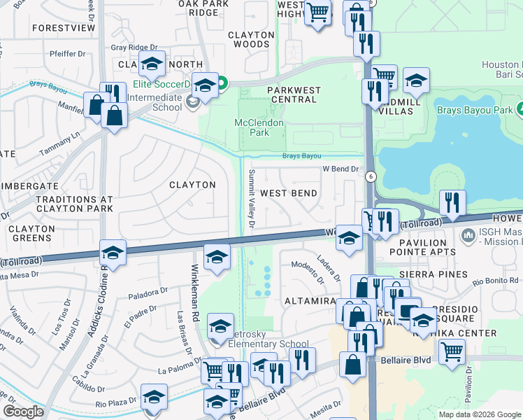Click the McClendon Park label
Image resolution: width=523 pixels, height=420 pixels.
coord(258,127)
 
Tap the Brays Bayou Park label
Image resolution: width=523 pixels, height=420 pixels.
coord(475,110)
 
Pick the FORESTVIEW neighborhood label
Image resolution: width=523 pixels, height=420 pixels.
coord(63,29)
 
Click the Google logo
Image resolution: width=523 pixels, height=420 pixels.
coord(23,411)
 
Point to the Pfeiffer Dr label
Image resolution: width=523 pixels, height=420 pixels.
coord(67,54)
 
